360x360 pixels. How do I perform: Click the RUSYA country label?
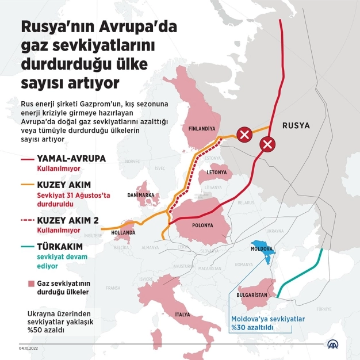point(296,125)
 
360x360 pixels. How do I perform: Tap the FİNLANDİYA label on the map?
point(202,129)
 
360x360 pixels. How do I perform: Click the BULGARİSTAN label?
point(253,295)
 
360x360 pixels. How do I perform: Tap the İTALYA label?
point(183,315)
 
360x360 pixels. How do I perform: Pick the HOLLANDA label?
point(124,232)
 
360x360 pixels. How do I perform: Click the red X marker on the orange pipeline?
point(244,136)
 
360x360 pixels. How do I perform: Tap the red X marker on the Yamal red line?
point(267,144)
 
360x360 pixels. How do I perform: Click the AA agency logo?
point(333,344)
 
